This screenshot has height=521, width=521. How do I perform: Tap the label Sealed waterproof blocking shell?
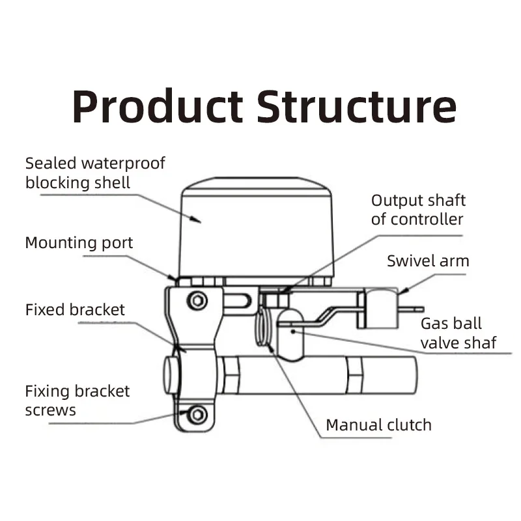95,173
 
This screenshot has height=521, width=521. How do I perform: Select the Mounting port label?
79,243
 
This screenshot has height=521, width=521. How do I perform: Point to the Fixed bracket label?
75,309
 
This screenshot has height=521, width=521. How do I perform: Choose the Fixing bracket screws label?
77,401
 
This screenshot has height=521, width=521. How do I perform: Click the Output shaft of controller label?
418,209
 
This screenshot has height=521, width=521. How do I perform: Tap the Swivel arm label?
428,261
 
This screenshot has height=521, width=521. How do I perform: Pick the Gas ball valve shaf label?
458,333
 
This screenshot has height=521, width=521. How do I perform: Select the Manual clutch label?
378,425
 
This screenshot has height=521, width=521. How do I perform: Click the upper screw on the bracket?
197,300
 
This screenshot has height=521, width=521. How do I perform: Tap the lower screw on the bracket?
198,414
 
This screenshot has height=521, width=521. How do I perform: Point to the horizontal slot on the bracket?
238,301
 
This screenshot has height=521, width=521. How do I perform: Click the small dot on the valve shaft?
294,331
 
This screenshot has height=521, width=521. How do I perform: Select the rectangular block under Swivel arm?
381,308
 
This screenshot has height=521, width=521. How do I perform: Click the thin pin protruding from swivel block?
411,310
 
